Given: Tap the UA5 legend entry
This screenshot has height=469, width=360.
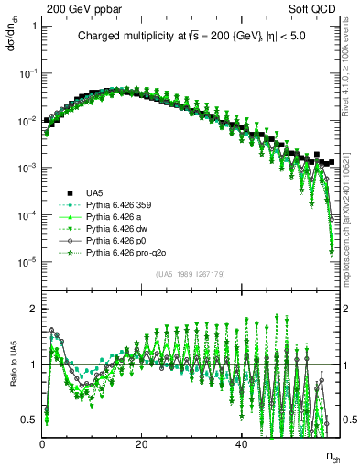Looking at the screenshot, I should [x=94, y=193].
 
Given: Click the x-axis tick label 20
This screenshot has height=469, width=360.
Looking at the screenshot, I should [x=142, y=442].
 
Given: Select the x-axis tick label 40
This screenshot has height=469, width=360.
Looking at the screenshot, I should [x=241, y=442].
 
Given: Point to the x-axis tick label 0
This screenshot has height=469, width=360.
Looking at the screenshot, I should [x=43, y=442].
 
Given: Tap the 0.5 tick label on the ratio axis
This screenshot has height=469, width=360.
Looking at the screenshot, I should [x=28, y=420].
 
